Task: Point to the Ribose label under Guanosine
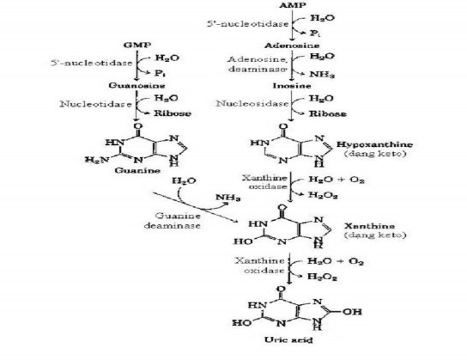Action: pyautogui.click(x=178, y=112)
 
